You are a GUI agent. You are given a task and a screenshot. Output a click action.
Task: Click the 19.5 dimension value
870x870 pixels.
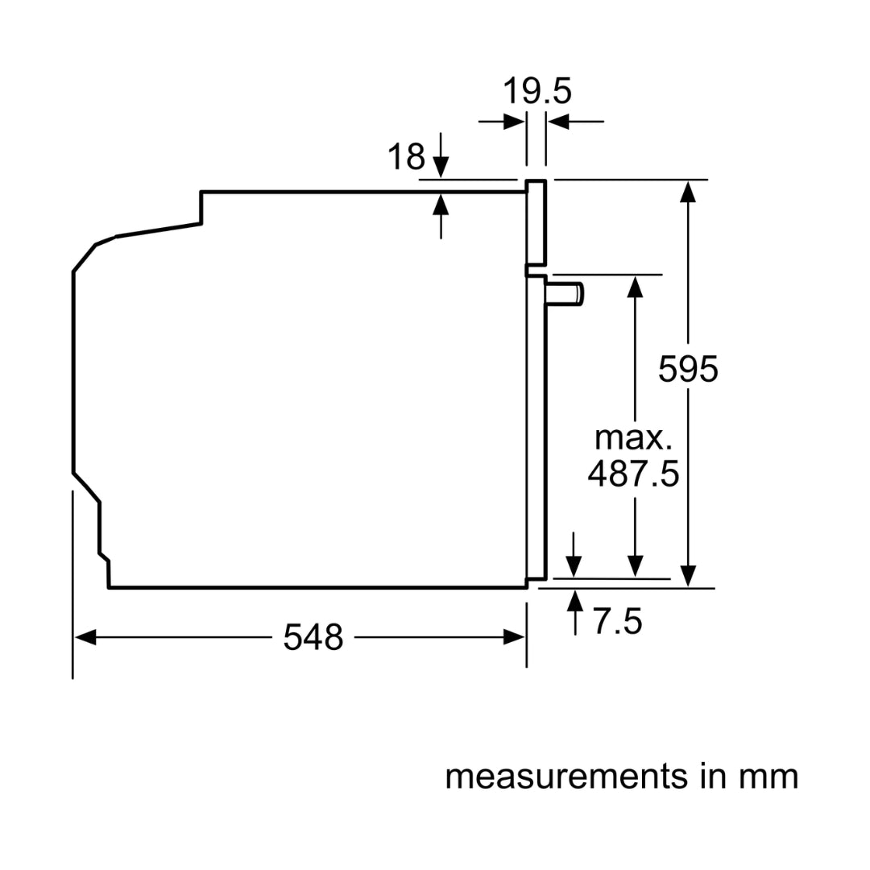point(537,91)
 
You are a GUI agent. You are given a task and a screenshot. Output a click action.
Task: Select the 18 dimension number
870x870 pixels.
point(406,156)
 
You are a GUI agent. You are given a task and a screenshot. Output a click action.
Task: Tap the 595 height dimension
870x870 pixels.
point(687,369)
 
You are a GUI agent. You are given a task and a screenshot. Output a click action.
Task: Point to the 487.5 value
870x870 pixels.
point(633,474)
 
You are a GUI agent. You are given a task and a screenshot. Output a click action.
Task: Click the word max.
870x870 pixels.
point(633,438)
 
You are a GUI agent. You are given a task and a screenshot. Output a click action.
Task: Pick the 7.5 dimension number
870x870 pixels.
point(618,622)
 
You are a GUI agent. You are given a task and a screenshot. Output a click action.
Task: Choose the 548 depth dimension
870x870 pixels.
point(313,638)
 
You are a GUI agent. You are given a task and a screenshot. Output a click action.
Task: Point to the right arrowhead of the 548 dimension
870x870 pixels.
point(515,638)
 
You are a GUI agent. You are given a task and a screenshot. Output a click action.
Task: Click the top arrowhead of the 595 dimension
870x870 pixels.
point(687,191)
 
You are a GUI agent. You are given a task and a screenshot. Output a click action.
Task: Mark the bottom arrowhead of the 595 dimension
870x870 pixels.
point(687,576)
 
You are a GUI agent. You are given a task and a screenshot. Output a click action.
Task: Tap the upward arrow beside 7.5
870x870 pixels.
point(575,601)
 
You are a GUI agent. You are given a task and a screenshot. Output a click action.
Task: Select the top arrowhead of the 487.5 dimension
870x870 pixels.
point(636,286)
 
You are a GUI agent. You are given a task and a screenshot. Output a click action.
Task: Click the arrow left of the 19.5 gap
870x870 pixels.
point(514,122)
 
